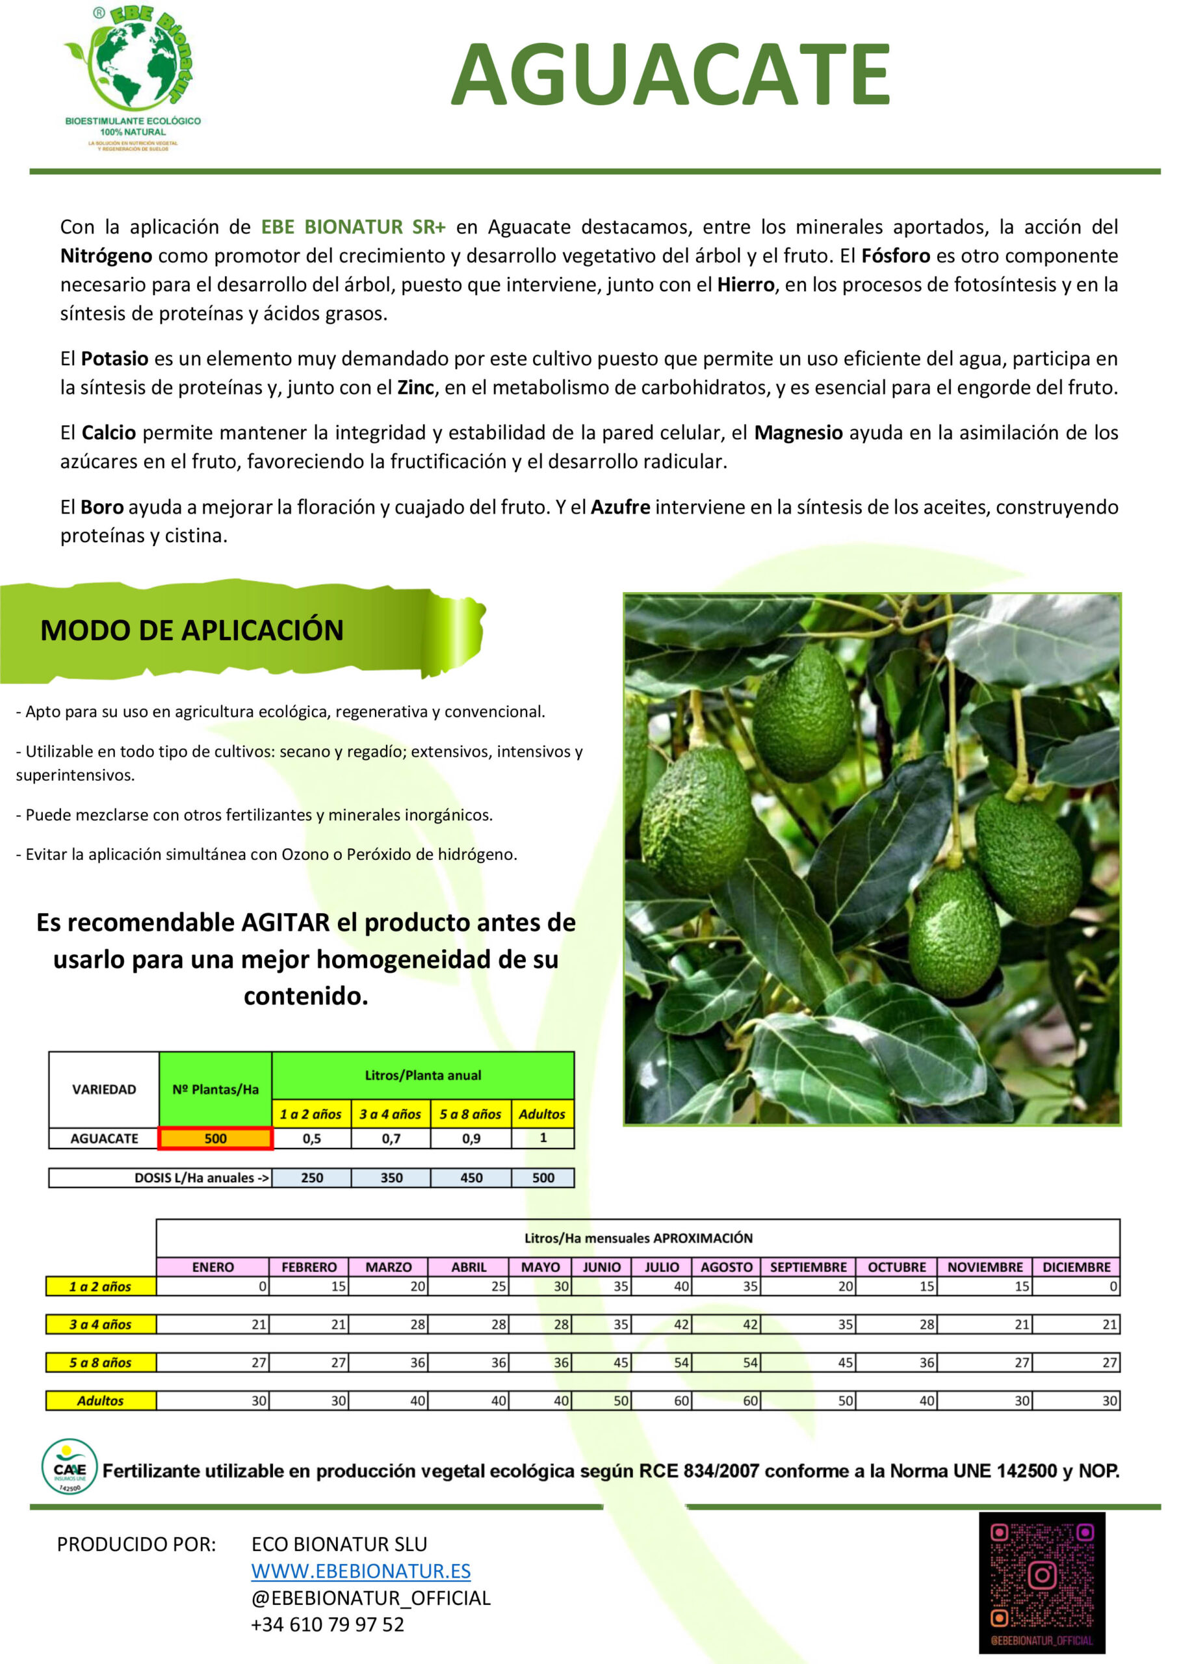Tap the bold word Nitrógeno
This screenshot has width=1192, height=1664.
click(107, 256)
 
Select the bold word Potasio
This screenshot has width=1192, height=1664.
click(114, 359)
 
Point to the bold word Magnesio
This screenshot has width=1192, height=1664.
click(798, 433)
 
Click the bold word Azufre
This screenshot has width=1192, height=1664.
click(621, 507)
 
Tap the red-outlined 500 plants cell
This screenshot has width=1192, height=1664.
click(215, 1139)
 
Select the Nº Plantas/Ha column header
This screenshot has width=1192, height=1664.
click(215, 1089)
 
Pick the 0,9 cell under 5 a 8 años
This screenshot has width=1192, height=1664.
click(471, 1139)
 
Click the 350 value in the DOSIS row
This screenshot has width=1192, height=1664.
click(391, 1178)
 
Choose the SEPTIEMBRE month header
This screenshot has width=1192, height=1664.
click(808, 1267)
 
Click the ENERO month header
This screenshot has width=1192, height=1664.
click(213, 1267)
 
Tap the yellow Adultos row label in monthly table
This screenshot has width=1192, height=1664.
click(101, 1401)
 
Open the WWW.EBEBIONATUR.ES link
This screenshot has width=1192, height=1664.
click(361, 1571)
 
